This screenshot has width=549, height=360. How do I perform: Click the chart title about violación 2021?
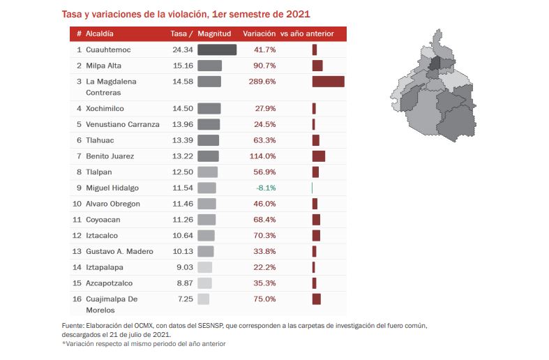pyautogui.click(x=186, y=14)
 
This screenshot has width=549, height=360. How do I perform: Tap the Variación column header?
pyautogui.click(x=259, y=33)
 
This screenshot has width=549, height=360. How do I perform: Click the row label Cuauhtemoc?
pyautogui.click(x=108, y=50)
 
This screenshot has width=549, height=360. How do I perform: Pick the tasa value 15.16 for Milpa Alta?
pyautogui.click(x=181, y=66)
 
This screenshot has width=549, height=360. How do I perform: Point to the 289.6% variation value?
pyautogui.click(x=262, y=82)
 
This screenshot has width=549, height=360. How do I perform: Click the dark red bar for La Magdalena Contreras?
pyautogui.click(x=328, y=82)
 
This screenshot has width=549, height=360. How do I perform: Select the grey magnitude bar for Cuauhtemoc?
pyautogui.click(x=217, y=50)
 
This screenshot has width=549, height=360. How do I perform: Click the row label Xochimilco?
pyautogui.click(x=105, y=109)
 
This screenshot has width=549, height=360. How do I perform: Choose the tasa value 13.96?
pyautogui.click(x=181, y=125)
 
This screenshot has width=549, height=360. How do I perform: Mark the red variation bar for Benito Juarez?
pyautogui.click(x=319, y=156)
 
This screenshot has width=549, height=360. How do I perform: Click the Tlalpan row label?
pyautogui.click(x=98, y=172)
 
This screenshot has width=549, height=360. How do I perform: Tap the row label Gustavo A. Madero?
pyautogui.click(x=119, y=252)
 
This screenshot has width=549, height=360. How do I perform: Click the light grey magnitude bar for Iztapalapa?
pyautogui.click(x=205, y=267)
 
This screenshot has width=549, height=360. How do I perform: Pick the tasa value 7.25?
pyautogui.click(x=183, y=299)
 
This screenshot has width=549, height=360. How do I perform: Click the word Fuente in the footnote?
pyautogui.click(x=73, y=326)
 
